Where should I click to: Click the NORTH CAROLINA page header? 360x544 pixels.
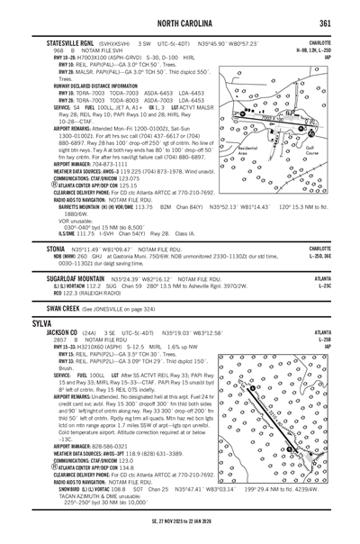coord(179,20)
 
